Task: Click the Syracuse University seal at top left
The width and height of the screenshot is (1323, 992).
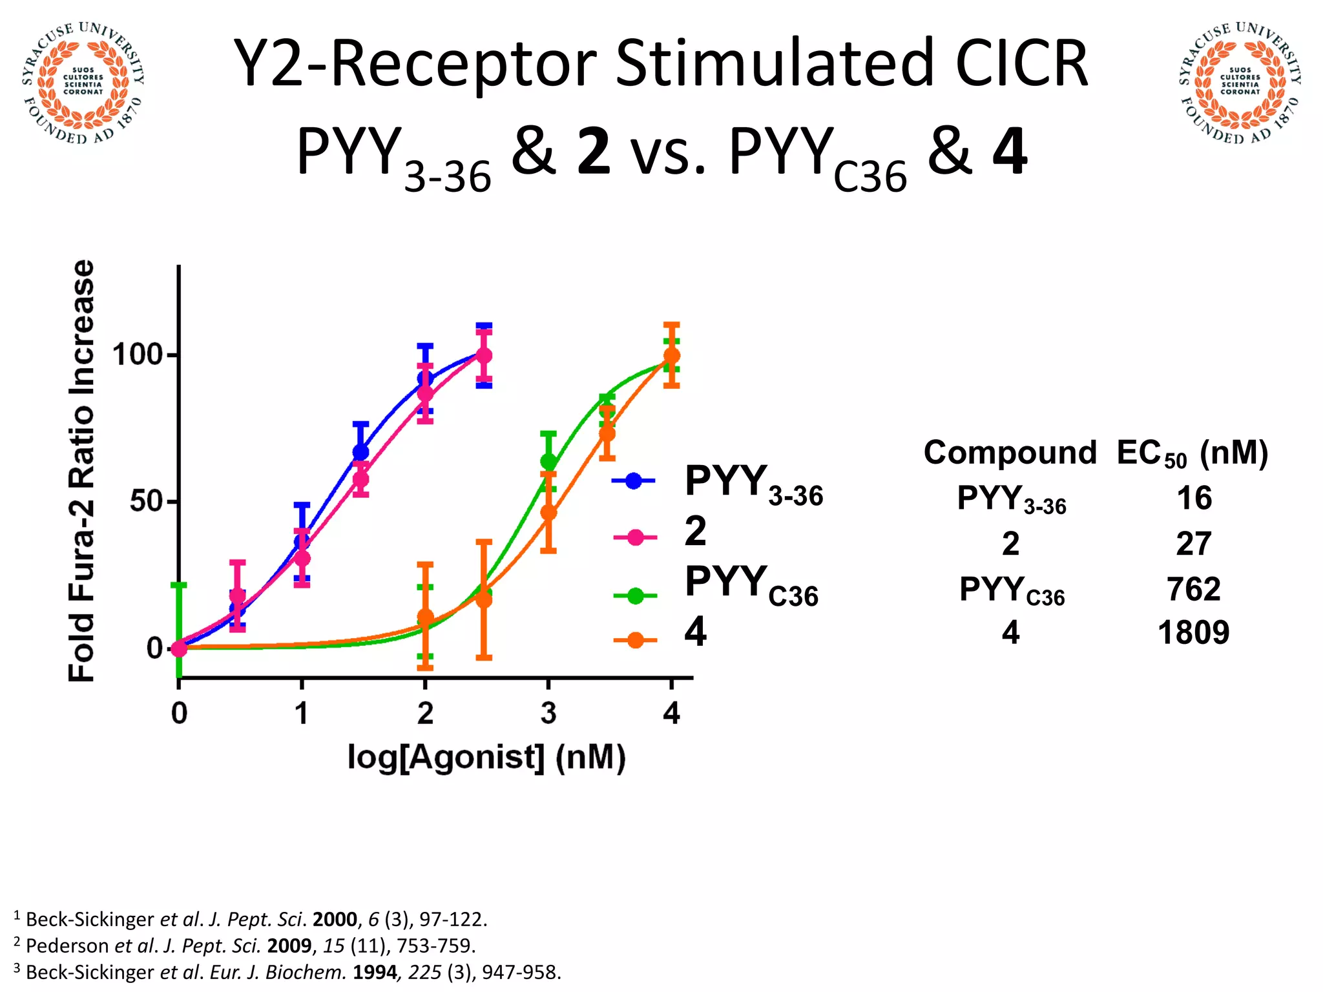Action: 83,83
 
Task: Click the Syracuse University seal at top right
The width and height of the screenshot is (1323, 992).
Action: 1240,83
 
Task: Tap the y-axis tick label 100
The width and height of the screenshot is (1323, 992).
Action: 136,355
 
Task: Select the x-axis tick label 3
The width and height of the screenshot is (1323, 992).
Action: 548,714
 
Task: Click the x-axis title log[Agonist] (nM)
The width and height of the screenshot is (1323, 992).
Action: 486,757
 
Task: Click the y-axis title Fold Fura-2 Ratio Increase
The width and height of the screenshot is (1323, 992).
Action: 82,471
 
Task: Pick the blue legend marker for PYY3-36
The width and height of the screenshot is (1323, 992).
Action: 634,480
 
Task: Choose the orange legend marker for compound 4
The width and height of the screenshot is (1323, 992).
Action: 635,640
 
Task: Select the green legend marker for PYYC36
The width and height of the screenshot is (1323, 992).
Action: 635,595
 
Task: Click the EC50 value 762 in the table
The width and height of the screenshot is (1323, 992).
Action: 1193,589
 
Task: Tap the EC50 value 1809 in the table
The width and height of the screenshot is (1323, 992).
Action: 1193,633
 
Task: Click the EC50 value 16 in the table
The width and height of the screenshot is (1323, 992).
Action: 1194,499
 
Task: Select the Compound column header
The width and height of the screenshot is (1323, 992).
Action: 1010,453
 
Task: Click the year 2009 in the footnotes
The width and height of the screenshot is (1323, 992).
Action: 289,945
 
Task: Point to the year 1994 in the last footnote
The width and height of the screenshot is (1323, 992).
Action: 375,972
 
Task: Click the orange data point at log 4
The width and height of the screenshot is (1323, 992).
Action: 671,356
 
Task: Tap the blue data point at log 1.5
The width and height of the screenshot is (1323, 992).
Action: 360,452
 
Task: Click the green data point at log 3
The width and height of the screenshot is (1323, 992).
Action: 548,462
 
